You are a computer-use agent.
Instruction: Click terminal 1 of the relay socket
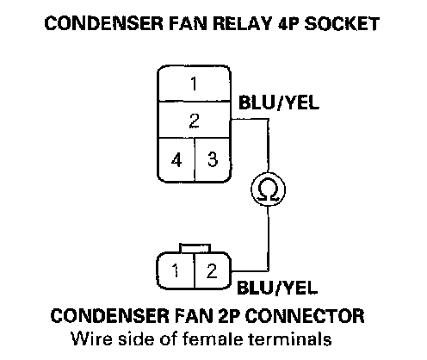(194, 84)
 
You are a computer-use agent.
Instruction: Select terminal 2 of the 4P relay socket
(194, 120)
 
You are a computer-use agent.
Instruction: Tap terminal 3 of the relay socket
(213, 159)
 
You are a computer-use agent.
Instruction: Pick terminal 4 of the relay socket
(176, 159)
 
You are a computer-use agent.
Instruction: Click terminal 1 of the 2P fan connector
(176, 270)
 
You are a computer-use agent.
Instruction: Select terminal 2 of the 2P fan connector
(213, 270)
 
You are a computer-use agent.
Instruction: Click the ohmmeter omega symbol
(268, 189)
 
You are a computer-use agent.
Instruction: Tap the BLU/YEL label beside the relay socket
(279, 102)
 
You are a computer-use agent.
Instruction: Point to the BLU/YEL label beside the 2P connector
(277, 288)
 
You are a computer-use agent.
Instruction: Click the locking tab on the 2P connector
(195, 248)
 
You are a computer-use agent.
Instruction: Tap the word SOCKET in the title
(342, 23)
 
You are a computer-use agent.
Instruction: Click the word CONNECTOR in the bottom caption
(305, 316)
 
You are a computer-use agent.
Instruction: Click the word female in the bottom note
(212, 338)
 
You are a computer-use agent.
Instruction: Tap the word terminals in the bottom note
(290, 338)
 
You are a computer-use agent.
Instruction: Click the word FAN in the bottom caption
(191, 316)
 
